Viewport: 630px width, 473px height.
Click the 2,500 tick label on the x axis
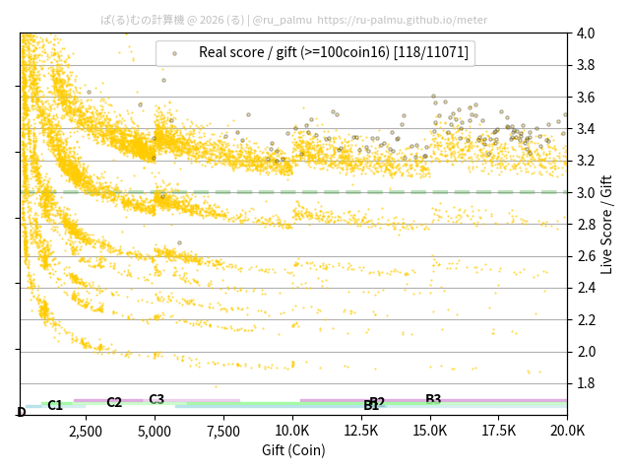click(x=86, y=431)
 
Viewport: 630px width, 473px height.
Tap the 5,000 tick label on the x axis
click(x=155, y=431)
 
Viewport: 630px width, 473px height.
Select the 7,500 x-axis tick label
click(x=223, y=431)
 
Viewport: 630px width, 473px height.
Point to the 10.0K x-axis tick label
click(x=292, y=431)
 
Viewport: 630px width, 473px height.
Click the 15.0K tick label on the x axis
click(x=430, y=431)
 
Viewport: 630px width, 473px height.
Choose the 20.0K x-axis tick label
click(x=566, y=431)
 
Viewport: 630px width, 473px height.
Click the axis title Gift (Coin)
click(x=293, y=450)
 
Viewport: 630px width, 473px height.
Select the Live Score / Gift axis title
click(x=606, y=224)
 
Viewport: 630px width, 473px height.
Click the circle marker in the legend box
click(x=174, y=53)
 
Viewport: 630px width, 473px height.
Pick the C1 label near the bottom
click(x=55, y=405)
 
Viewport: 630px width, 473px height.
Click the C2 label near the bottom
click(x=114, y=402)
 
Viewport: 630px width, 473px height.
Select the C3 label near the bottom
click(x=157, y=399)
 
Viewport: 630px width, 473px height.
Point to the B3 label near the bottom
click(x=433, y=399)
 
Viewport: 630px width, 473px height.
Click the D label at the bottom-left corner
click(x=22, y=412)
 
